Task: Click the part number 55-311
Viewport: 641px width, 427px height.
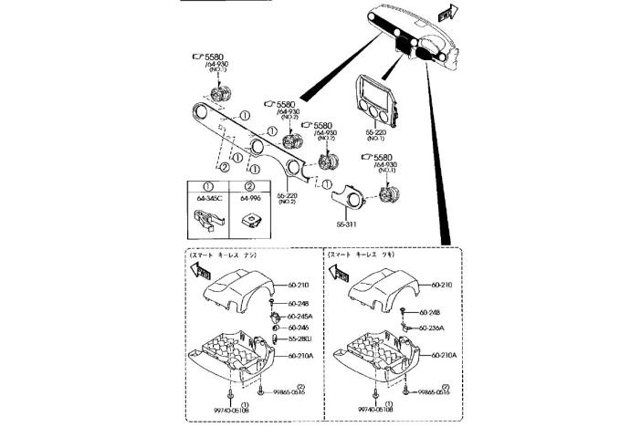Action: point(345,223)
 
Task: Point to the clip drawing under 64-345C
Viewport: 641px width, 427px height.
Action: point(207,218)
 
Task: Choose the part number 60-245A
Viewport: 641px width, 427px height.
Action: point(301,316)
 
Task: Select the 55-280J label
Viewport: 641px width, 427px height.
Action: point(300,338)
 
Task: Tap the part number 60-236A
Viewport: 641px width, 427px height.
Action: point(432,328)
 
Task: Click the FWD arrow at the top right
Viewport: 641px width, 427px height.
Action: point(446,13)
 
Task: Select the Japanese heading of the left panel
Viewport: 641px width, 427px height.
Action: point(225,256)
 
